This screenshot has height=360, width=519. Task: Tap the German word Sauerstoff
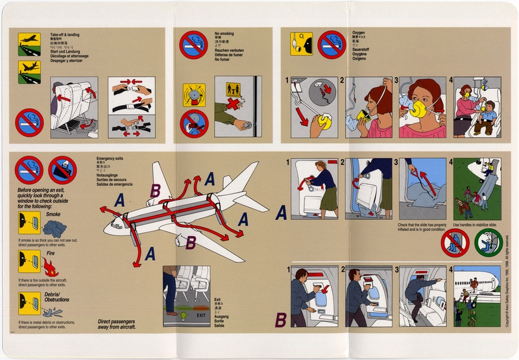[x=363, y=47]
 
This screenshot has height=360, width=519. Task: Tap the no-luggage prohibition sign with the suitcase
[x=62, y=170]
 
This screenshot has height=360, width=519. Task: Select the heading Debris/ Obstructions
[x=57, y=300]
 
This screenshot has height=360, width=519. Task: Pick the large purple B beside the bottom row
[x=280, y=318]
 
